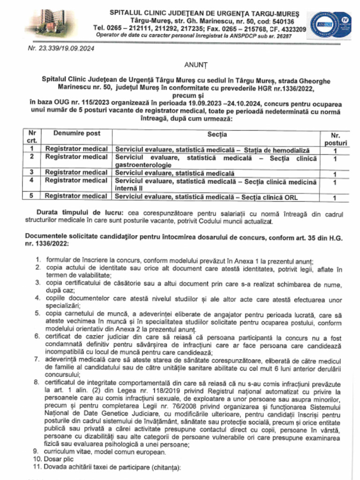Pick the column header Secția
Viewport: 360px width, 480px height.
coord(217,135)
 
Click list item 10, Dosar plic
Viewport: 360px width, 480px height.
coord(58,459)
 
